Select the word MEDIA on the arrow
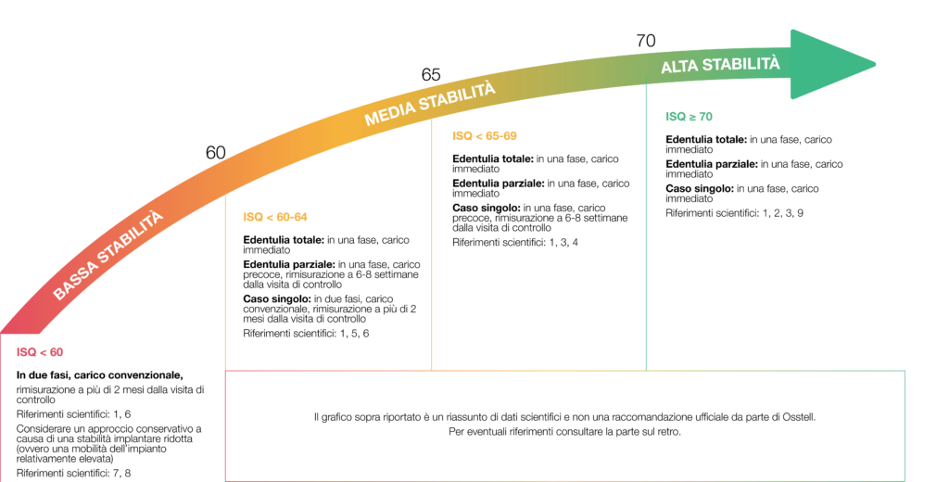390,113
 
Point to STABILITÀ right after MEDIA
457,95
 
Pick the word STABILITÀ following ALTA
740,65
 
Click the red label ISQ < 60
40,352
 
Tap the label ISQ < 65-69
484,136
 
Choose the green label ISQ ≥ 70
689,117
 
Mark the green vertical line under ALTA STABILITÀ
646,232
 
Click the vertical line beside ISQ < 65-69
432,250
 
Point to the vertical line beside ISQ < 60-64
226,287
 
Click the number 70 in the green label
705,117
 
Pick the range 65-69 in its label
500,136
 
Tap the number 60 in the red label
56,352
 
